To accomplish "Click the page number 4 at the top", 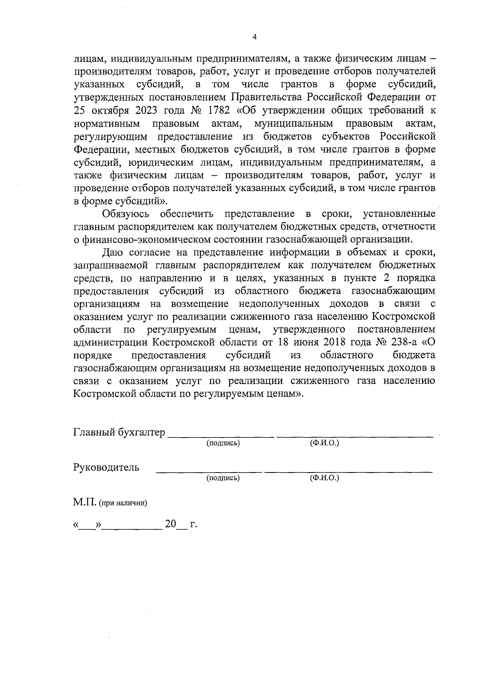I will point(254,37).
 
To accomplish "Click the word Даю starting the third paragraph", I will point(111,252).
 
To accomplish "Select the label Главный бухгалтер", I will point(119,432).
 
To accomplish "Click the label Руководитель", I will point(106,467).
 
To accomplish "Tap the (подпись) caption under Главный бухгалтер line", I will point(223,443).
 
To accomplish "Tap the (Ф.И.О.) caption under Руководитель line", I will point(325,478).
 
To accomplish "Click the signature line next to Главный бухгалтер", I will point(221,436).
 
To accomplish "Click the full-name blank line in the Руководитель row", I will point(348,470).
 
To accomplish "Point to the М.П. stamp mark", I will point(84,502).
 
